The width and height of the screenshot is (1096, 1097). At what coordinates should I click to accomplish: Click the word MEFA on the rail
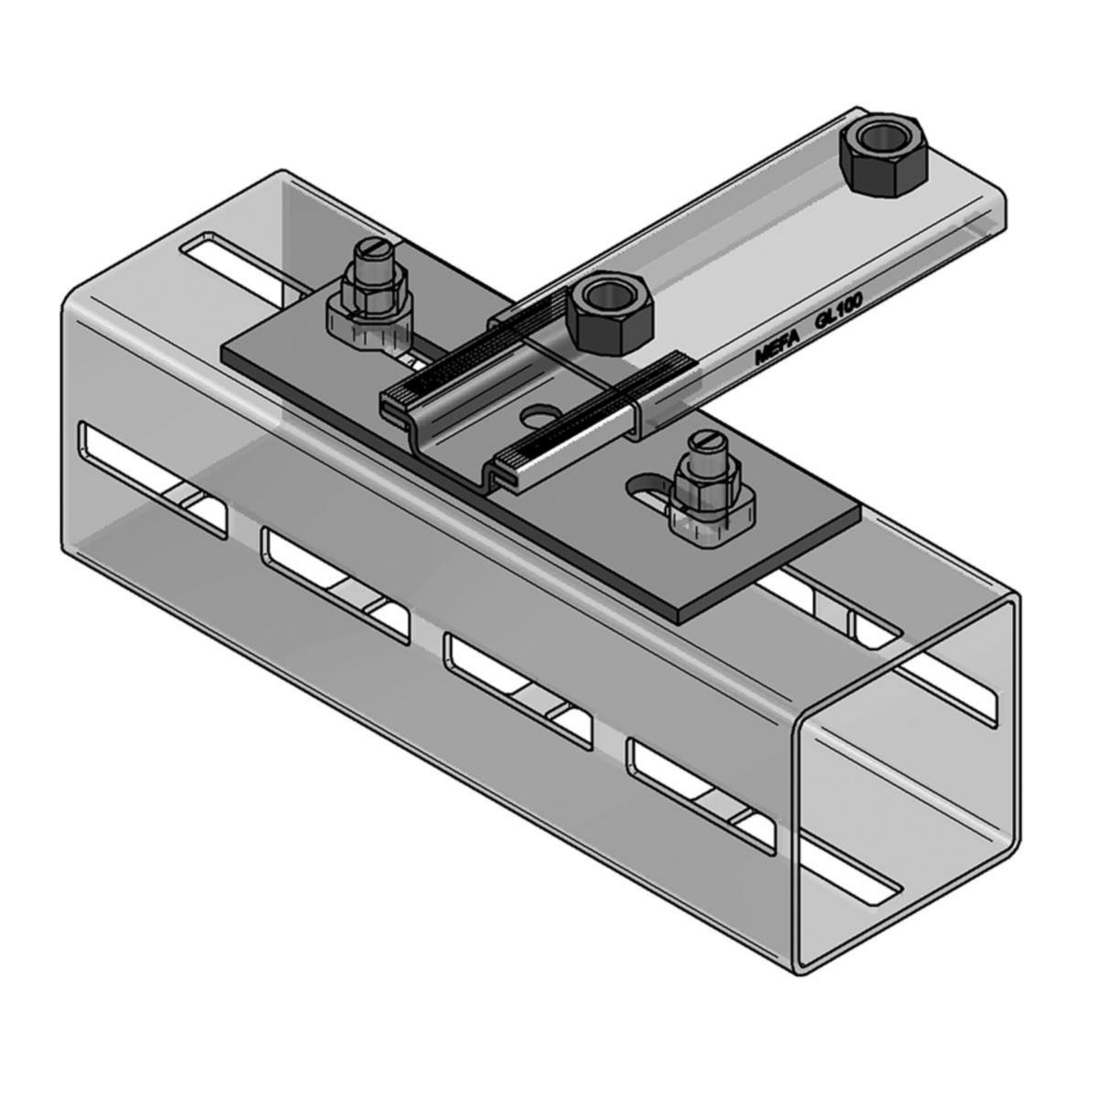777,347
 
